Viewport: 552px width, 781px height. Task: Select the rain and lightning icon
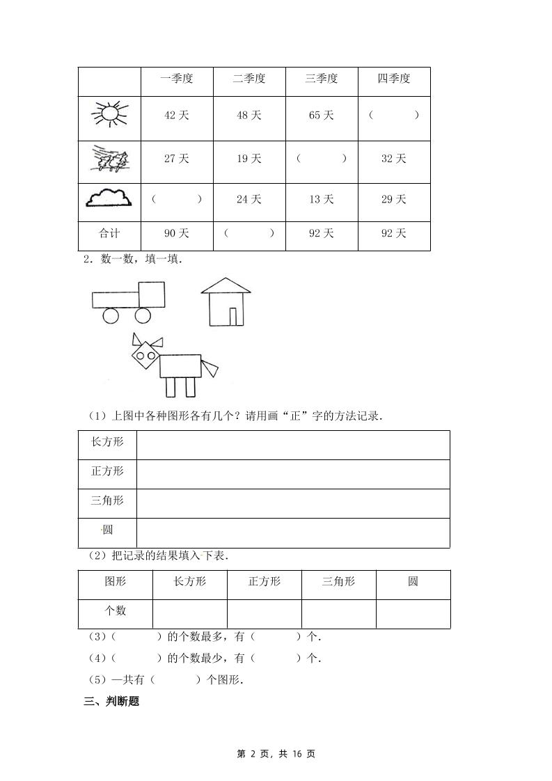[x=110, y=158]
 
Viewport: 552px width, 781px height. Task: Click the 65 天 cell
[x=322, y=116]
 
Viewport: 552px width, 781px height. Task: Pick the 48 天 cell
[x=249, y=116]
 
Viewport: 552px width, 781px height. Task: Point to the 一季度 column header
[x=177, y=79]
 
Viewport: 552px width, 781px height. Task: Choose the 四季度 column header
[x=394, y=79]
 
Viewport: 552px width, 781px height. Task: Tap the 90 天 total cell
[x=177, y=234]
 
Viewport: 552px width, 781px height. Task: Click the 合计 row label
[x=109, y=234]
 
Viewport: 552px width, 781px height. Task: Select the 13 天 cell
[x=322, y=200]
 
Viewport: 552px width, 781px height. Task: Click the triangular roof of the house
[x=226, y=285]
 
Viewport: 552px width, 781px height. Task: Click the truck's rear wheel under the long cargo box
[x=111, y=316]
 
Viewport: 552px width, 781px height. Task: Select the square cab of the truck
[x=152, y=295]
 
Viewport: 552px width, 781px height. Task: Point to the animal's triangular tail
[x=210, y=365]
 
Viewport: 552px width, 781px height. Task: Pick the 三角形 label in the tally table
[x=107, y=501]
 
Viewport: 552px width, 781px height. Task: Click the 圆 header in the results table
[x=413, y=582]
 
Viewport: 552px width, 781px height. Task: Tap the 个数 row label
[x=115, y=611]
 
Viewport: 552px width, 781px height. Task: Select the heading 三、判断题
[x=111, y=702]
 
